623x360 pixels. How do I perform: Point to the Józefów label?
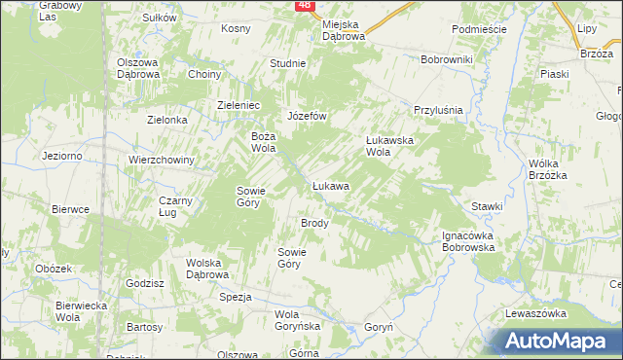pos(305,116)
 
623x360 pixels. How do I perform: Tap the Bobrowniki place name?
pos(446,60)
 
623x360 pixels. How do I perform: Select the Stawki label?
pos(487,206)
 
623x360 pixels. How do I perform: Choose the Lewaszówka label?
pos(535,313)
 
